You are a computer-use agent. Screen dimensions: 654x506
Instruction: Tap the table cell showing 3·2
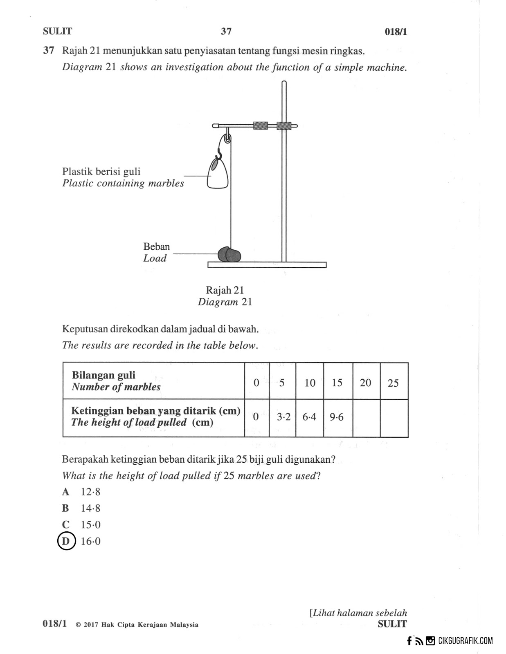(283, 417)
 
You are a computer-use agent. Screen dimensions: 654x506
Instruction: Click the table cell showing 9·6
(337, 417)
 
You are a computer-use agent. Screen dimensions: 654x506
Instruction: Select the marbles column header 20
(365, 383)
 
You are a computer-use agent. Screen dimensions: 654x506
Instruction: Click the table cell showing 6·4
(309, 417)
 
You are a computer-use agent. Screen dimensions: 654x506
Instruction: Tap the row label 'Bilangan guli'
(103, 375)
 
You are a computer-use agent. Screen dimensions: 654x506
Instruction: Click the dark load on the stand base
(229, 255)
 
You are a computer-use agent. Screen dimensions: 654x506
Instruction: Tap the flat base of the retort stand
(267, 265)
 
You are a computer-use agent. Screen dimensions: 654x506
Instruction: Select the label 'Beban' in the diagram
(156, 247)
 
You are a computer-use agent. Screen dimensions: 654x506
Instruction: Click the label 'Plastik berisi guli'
(101, 172)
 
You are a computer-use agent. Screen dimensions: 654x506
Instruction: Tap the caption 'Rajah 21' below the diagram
(225, 290)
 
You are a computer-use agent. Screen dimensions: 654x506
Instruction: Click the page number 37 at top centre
(226, 31)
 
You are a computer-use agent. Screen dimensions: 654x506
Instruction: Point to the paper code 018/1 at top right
(396, 32)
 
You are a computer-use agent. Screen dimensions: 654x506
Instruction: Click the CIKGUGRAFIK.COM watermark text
(465, 641)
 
